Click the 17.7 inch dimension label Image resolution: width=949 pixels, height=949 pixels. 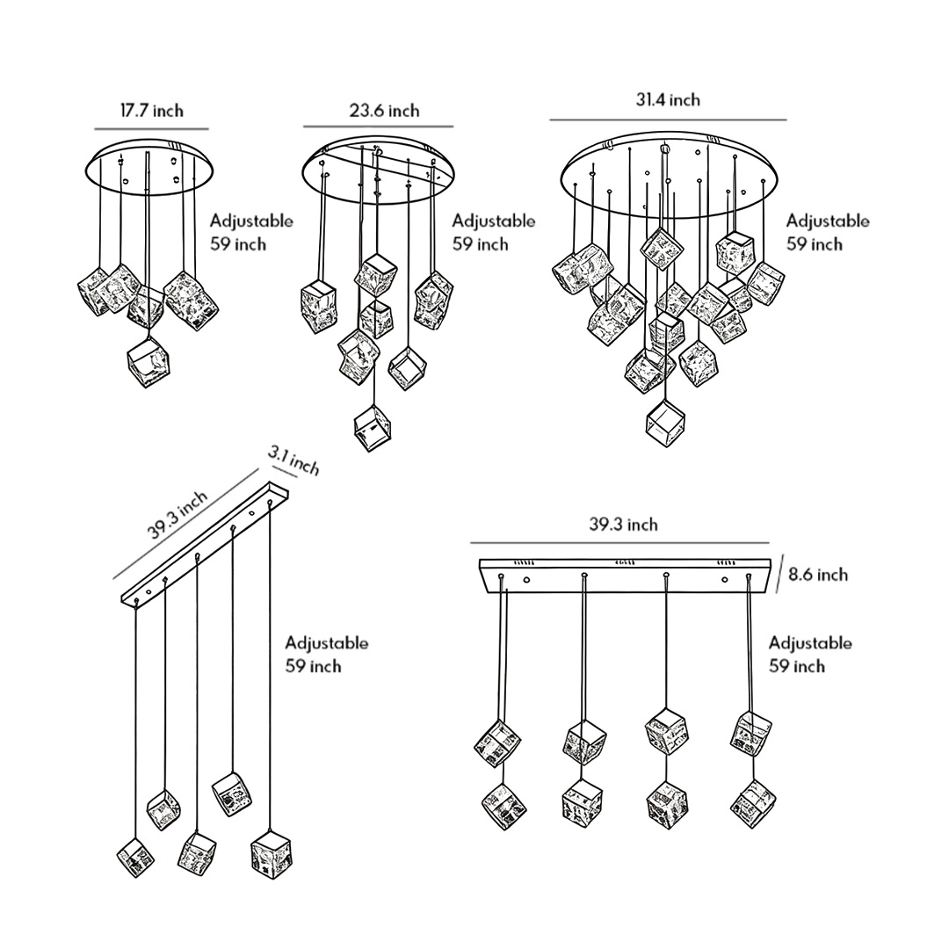[x=152, y=111]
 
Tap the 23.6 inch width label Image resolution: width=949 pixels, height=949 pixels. [x=384, y=111]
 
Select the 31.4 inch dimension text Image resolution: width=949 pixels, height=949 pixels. [x=668, y=100]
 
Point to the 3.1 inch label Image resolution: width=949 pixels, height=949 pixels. [x=293, y=460]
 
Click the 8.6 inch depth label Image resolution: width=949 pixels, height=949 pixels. [x=818, y=575]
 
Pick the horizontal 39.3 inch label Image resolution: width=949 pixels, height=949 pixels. [x=623, y=525]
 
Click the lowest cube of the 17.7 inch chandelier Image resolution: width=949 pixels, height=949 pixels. [x=147, y=361]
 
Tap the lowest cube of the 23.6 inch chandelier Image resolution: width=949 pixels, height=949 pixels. [x=373, y=428]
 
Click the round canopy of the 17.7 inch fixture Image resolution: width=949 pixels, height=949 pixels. [x=152, y=167]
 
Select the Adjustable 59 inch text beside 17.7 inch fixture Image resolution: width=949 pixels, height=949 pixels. [x=250, y=232]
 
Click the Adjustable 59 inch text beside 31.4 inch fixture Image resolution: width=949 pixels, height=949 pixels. [x=827, y=232]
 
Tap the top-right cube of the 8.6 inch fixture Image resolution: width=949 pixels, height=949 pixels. [x=750, y=731]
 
